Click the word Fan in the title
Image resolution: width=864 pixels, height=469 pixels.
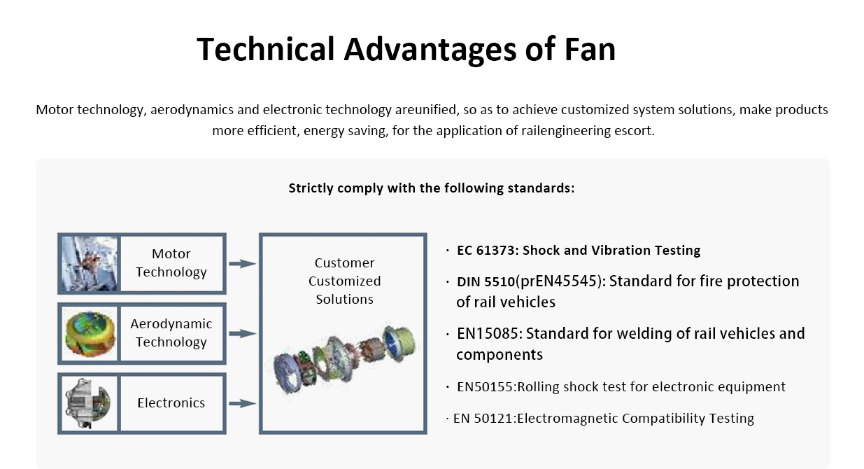(x=590, y=50)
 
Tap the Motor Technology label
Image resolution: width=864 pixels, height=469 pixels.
(x=171, y=263)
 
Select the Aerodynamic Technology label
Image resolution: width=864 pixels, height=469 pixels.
(x=171, y=333)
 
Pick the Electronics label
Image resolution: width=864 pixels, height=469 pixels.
(x=171, y=403)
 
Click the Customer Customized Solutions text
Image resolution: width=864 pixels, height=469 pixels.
(x=344, y=281)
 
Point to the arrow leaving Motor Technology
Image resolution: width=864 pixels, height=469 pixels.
(x=242, y=264)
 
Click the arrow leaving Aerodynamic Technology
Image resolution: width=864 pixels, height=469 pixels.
(x=242, y=334)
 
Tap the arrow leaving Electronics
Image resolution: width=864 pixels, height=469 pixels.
(x=242, y=404)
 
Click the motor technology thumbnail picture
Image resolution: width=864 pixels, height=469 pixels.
(x=90, y=264)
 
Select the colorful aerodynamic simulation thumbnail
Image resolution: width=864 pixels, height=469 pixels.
(x=90, y=333)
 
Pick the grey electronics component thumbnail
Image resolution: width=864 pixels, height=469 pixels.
(x=90, y=403)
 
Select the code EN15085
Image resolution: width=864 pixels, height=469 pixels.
(x=487, y=334)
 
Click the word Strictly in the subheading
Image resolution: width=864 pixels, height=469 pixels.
(x=311, y=188)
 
